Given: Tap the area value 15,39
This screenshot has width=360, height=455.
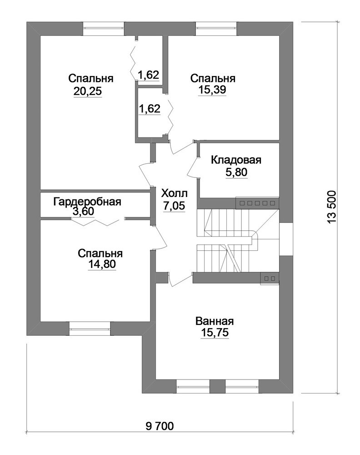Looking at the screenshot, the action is click(212, 90).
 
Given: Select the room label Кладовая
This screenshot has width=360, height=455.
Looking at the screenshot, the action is click(236, 160).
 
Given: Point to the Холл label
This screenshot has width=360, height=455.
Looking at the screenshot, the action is click(174, 193).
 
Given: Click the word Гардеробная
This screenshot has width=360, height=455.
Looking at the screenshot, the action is click(87, 202).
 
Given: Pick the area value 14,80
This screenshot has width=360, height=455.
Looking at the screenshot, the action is click(102, 264).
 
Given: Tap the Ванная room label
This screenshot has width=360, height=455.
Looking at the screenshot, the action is click(215, 321).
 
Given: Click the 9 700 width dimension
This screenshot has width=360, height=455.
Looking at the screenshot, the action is click(160, 426).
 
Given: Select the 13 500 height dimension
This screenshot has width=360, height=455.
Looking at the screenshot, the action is click(332, 207).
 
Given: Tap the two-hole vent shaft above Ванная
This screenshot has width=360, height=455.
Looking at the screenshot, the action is click(270, 278).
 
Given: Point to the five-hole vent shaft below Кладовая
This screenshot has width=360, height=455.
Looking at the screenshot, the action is click(257, 203).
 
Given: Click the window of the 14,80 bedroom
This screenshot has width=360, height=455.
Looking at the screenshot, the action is click(90, 328).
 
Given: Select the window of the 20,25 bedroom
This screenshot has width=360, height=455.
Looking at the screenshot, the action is click(104, 29).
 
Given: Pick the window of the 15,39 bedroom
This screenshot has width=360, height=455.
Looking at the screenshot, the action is click(216, 29).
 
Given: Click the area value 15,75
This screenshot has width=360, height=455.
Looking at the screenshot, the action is click(215, 333).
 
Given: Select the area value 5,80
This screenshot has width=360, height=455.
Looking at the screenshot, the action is click(236, 172).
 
